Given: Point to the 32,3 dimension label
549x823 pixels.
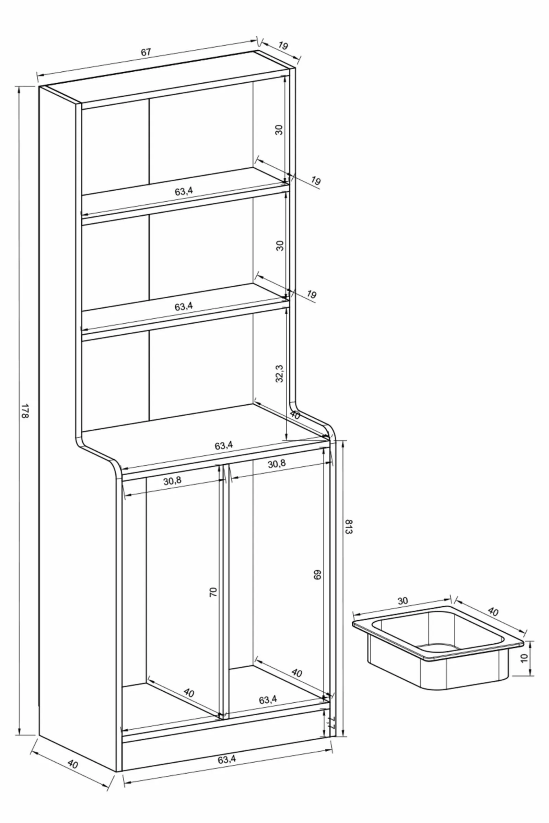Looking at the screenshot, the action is pos(279,373).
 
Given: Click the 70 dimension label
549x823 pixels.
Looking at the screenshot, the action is pos(213,592).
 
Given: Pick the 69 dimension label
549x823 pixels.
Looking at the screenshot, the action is pos(317,575).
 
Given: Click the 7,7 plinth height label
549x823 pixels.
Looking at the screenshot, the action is pos(331,722).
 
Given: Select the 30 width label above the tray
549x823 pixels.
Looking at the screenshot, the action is pos(402,601).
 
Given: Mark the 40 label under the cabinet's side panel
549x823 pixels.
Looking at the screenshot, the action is pos(72,764).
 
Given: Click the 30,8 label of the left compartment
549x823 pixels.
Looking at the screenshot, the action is pos(172,480).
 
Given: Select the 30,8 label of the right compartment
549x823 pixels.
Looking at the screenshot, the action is pos(277,464).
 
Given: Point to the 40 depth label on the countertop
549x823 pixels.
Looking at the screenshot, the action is pos(295,416).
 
